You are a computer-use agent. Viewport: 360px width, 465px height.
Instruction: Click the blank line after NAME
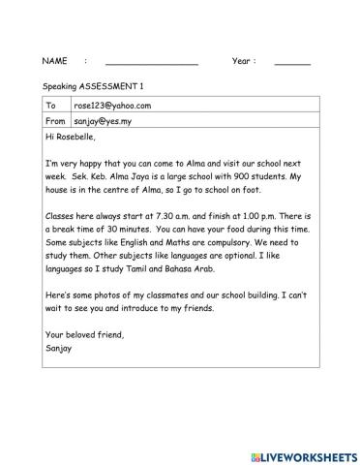click(151, 62)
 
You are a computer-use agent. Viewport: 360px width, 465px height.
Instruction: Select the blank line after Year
click(292, 62)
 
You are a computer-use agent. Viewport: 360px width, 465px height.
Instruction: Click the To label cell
click(51, 106)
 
